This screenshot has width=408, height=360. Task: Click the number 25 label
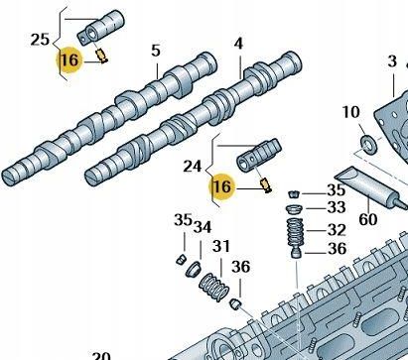click(39, 42)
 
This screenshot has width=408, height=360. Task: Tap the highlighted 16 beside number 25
click(68, 60)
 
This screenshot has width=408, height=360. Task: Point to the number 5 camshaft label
click(156, 51)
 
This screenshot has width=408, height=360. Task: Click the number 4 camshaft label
click(238, 44)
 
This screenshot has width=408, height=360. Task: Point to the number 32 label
click(336, 231)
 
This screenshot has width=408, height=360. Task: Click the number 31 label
click(221, 247)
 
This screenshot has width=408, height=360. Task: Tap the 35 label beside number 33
click(336, 189)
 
